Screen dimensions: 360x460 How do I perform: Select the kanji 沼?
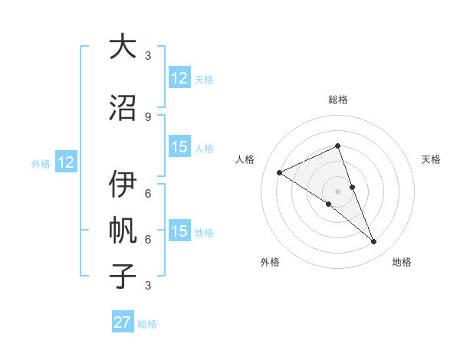[x=122, y=107]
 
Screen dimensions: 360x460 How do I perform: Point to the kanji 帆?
[x=122, y=230]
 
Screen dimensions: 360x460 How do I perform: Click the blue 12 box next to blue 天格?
[x=179, y=78]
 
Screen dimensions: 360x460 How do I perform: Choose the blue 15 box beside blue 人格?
[x=179, y=148]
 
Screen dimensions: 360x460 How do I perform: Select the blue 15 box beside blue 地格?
[x=179, y=231]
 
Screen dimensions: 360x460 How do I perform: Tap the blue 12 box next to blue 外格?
[x=66, y=162]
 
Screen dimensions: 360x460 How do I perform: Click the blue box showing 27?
[x=123, y=322]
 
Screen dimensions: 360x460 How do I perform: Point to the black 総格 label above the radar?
[x=338, y=100]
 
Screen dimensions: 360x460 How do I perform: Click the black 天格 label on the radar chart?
[x=431, y=159]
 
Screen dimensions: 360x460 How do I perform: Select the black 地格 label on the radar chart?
[x=402, y=262]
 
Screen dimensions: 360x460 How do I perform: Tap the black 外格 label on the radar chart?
[x=270, y=262]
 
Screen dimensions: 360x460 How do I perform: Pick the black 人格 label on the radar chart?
[x=245, y=159]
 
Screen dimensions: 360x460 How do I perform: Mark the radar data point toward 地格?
[x=374, y=242]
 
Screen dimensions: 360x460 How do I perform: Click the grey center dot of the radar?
[x=337, y=191]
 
